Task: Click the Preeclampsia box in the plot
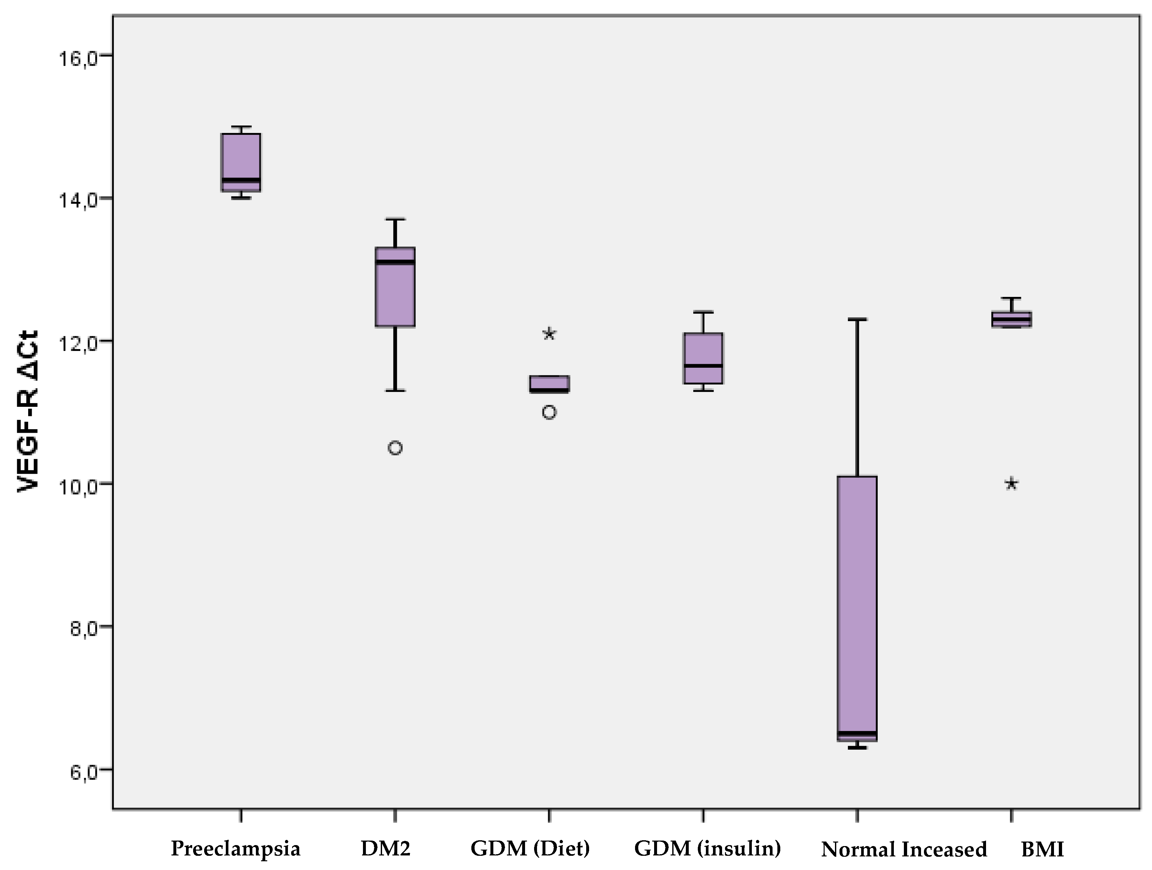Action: [241, 162]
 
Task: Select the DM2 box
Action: [395, 287]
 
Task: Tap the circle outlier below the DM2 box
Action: [395, 448]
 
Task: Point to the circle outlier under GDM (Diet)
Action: [549, 412]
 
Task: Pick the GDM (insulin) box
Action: [703, 358]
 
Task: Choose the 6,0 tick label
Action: [83, 772]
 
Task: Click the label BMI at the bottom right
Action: [1042, 850]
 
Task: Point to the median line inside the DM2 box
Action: [395, 262]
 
